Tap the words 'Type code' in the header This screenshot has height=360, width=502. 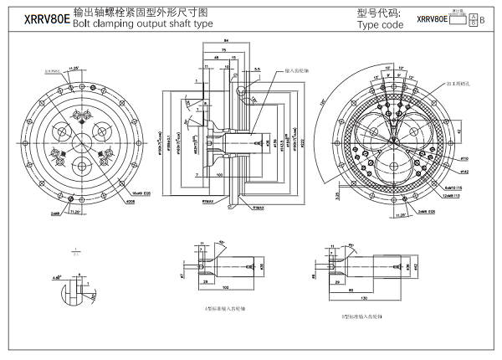(x=380, y=25)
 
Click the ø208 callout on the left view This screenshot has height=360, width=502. (x=130, y=201)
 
